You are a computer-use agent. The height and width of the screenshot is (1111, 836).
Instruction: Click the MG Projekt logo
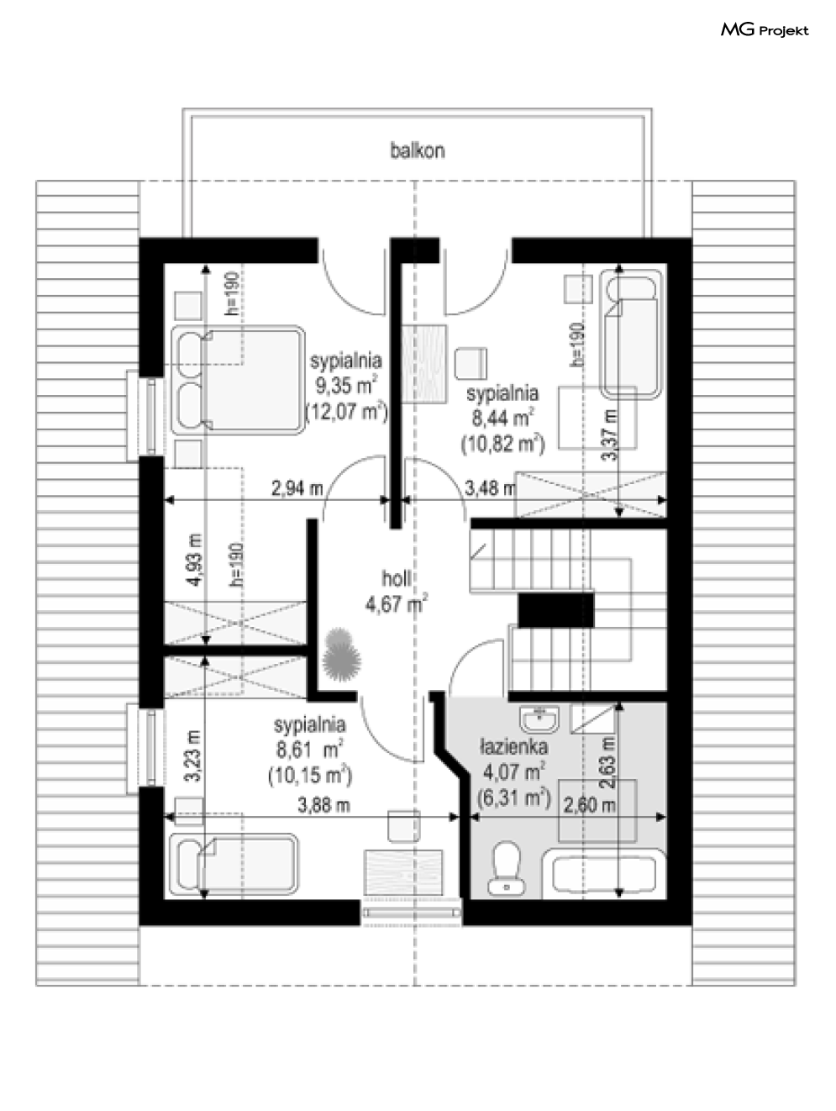[x=765, y=30]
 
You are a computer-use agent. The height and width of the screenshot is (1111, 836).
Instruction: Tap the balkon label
[x=418, y=150]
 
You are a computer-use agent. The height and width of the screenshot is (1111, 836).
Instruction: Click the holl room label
[x=397, y=578]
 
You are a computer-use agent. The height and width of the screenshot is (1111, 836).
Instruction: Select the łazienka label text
[x=514, y=747]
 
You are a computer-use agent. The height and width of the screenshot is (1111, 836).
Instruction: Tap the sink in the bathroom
[x=540, y=719]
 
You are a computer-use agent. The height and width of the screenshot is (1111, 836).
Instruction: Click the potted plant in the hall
[x=342, y=654]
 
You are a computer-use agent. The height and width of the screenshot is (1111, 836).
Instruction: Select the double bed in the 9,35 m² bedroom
[x=238, y=381]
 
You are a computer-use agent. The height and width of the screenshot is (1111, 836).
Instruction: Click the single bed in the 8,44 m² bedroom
[x=630, y=334]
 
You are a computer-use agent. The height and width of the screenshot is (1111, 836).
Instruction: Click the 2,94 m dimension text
[x=297, y=488]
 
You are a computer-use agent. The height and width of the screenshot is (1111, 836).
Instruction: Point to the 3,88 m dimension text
[x=323, y=805]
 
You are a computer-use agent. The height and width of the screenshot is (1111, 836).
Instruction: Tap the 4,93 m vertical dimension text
[x=195, y=560]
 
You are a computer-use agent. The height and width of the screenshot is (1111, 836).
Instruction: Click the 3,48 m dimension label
[x=490, y=488]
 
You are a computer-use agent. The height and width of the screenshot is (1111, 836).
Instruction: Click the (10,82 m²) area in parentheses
[x=502, y=444]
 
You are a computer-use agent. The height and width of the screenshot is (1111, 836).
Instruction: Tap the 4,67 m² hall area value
[x=397, y=604]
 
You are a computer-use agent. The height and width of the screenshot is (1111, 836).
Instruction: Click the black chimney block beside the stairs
[x=555, y=610]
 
